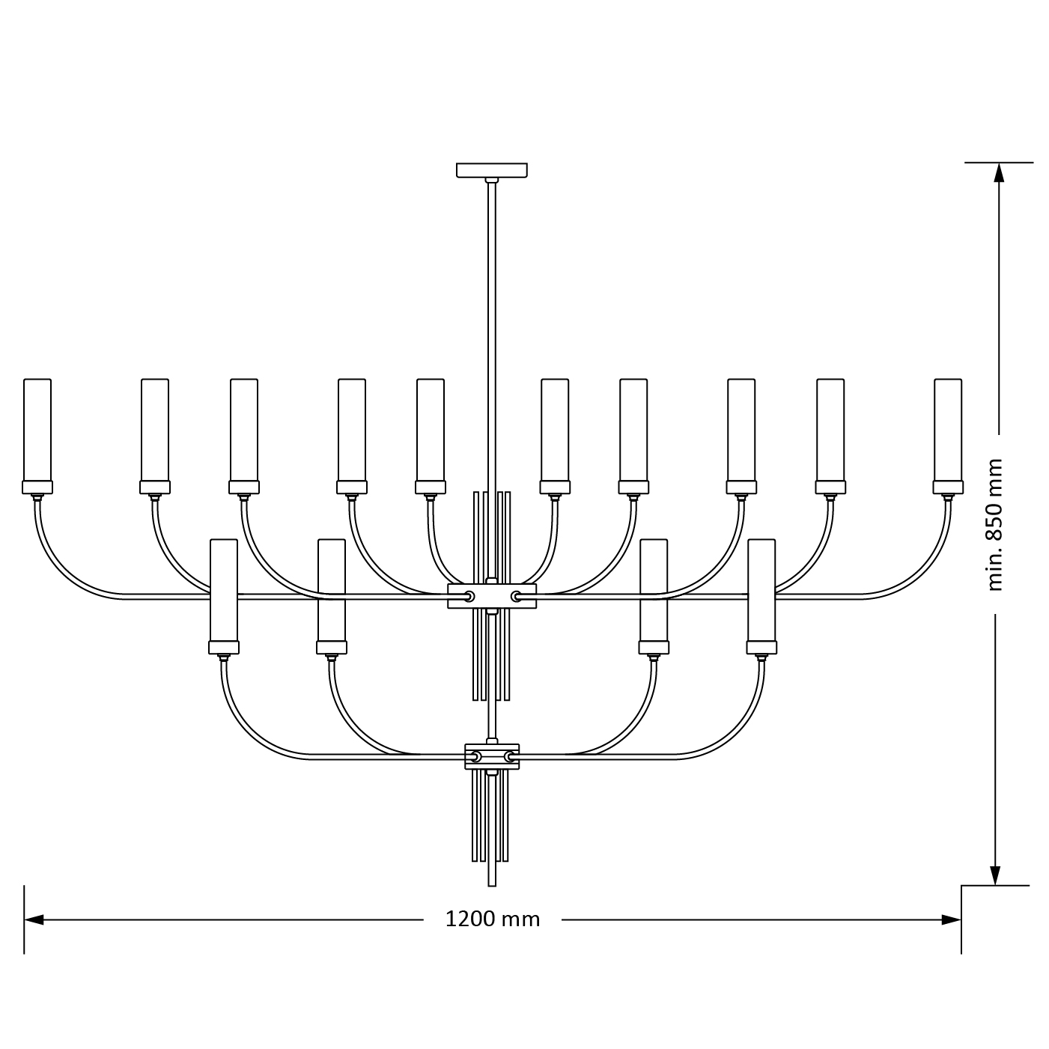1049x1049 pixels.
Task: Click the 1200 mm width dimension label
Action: point(492,919)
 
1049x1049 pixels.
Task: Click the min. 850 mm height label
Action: point(994,524)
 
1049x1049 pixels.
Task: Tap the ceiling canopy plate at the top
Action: point(491,170)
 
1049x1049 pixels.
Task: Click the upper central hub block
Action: point(492,596)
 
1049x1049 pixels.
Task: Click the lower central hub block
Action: point(492,757)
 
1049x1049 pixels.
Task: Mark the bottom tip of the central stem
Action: point(492,884)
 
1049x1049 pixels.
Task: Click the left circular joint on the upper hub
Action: point(469,596)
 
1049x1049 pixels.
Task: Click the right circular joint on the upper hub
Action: point(516,596)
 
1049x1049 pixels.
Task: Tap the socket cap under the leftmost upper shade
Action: point(37,487)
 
